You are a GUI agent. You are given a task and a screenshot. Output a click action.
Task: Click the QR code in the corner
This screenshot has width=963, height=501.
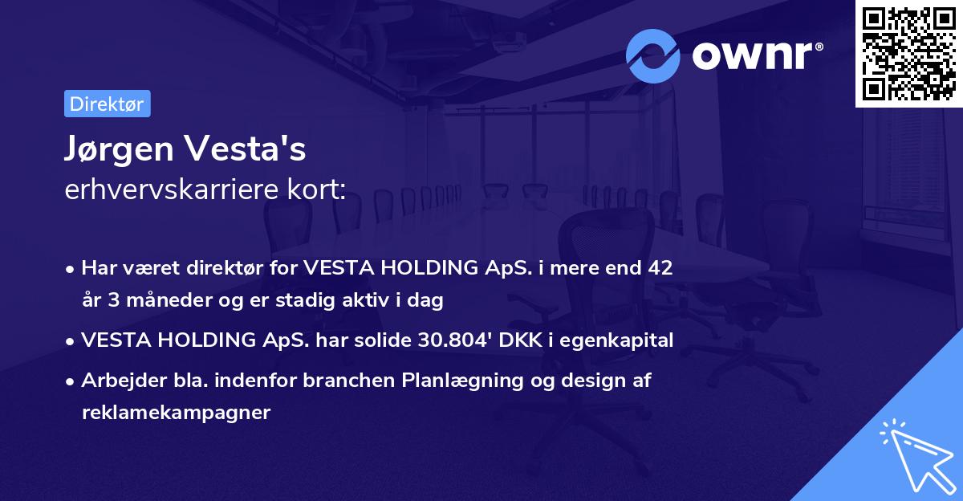pyautogui.click(x=908, y=54)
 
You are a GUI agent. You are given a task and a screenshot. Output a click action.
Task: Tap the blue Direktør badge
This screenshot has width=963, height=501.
pyautogui.click(x=107, y=104)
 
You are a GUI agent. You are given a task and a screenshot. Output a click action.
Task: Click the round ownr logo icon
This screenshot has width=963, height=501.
pyautogui.click(x=653, y=56)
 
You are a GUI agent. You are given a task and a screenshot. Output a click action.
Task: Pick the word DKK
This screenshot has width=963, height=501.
pyautogui.click(x=520, y=340)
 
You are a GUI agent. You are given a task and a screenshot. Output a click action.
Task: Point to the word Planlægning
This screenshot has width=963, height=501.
pyautogui.click(x=458, y=381)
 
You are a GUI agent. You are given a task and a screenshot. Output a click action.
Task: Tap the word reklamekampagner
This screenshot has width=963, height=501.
pyautogui.click(x=176, y=413)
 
